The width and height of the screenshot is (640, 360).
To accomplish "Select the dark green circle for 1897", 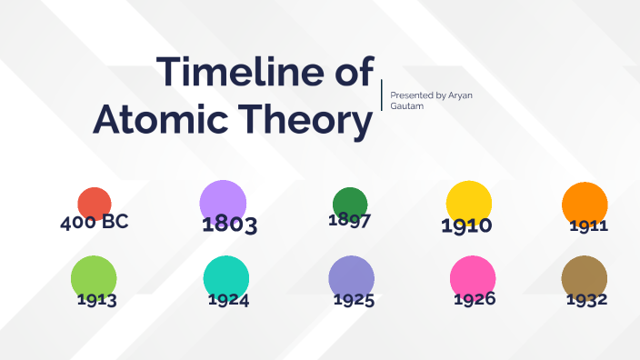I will pyautogui.click(x=349, y=203).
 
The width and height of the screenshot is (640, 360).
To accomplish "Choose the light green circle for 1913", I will pyautogui.click(x=94, y=278).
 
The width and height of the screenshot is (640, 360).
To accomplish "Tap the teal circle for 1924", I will pyautogui.click(x=226, y=277).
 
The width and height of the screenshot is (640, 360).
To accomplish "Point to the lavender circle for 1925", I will pyautogui.click(x=351, y=277).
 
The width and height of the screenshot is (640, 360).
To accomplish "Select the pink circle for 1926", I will pyautogui.click(x=473, y=277).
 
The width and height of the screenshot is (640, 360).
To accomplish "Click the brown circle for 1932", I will pyautogui.click(x=585, y=277).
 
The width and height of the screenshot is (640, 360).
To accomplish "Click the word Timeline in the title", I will pyautogui.click(x=233, y=72).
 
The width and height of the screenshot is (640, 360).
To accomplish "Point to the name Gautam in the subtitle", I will pyautogui.click(x=405, y=106).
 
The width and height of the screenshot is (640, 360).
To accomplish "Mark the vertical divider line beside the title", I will pyautogui.click(x=382, y=95).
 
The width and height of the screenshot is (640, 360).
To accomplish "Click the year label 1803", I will pyautogui.click(x=230, y=225).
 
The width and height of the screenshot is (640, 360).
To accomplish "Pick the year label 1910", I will pyautogui.click(x=466, y=225).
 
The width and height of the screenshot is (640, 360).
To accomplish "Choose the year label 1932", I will pyautogui.click(x=586, y=299).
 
